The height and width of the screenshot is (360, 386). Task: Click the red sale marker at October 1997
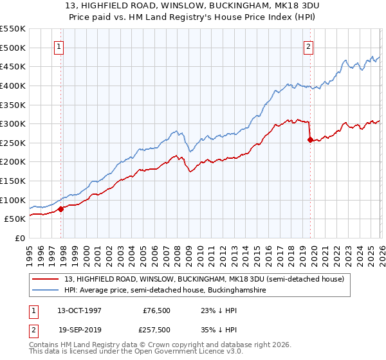pyautogui.click(x=61, y=208)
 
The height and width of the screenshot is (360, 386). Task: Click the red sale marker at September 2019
pyautogui.click(x=310, y=139)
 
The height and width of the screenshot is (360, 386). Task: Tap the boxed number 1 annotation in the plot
pyautogui.click(x=59, y=46)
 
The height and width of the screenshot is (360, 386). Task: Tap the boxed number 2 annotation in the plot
pyautogui.click(x=308, y=46)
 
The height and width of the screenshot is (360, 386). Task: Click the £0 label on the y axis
pyautogui.click(x=19, y=238)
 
